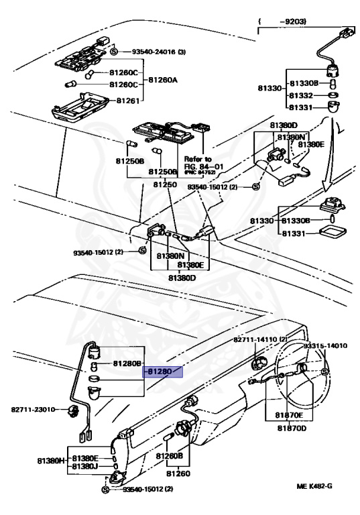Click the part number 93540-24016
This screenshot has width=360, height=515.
point(154,52)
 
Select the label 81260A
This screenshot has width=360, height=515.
point(163,80)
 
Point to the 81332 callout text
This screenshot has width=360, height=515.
point(301,96)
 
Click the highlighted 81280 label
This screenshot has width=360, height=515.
point(160,371)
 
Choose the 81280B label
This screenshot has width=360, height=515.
point(127,363)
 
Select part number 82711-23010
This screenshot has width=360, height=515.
point(33,410)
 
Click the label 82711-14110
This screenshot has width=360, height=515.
point(260,339)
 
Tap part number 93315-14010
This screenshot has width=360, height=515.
point(325,346)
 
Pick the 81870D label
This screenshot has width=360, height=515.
point(292,428)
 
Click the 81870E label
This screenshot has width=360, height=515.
point(289,415)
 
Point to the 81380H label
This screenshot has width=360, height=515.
point(51,461)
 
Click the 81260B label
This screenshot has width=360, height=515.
point(169,456)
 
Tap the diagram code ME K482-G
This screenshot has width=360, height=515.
point(314,485)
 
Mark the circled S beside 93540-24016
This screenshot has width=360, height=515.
point(114,52)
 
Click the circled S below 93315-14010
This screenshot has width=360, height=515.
point(324,371)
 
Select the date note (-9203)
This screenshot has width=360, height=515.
point(282,21)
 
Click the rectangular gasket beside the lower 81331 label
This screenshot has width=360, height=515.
point(333,233)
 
